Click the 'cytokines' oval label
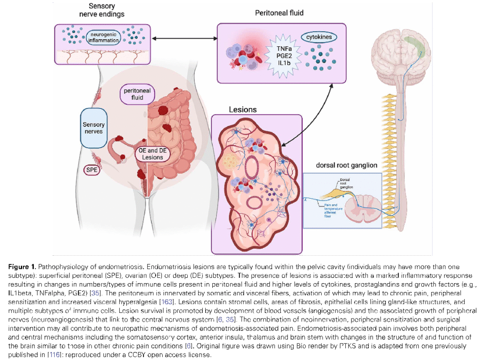pyautogui.click(x=319, y=36)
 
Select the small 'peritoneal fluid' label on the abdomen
pyautogui.click(x=137, y=94)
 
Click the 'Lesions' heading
pyautogui.click(x=243, y=109)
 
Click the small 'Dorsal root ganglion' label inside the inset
pyautogui.click(x=347, y=184)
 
